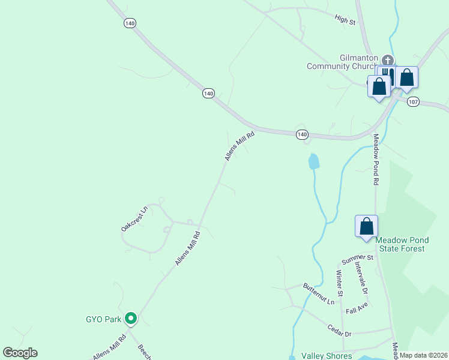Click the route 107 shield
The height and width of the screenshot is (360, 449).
412,102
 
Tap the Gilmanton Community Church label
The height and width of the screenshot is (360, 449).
342,62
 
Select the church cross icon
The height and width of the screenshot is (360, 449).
388,60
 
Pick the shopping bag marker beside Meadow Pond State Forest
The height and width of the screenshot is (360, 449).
366,227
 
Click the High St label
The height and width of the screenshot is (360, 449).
345,20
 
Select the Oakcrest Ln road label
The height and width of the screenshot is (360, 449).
134,219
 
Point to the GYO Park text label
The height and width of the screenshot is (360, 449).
103,319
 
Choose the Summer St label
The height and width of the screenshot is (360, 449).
358,259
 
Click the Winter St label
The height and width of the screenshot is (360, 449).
339,283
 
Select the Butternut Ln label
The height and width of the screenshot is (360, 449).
318,293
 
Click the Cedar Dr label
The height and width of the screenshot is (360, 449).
339,329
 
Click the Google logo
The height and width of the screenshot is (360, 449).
20,353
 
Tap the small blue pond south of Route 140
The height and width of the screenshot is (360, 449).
313,161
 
